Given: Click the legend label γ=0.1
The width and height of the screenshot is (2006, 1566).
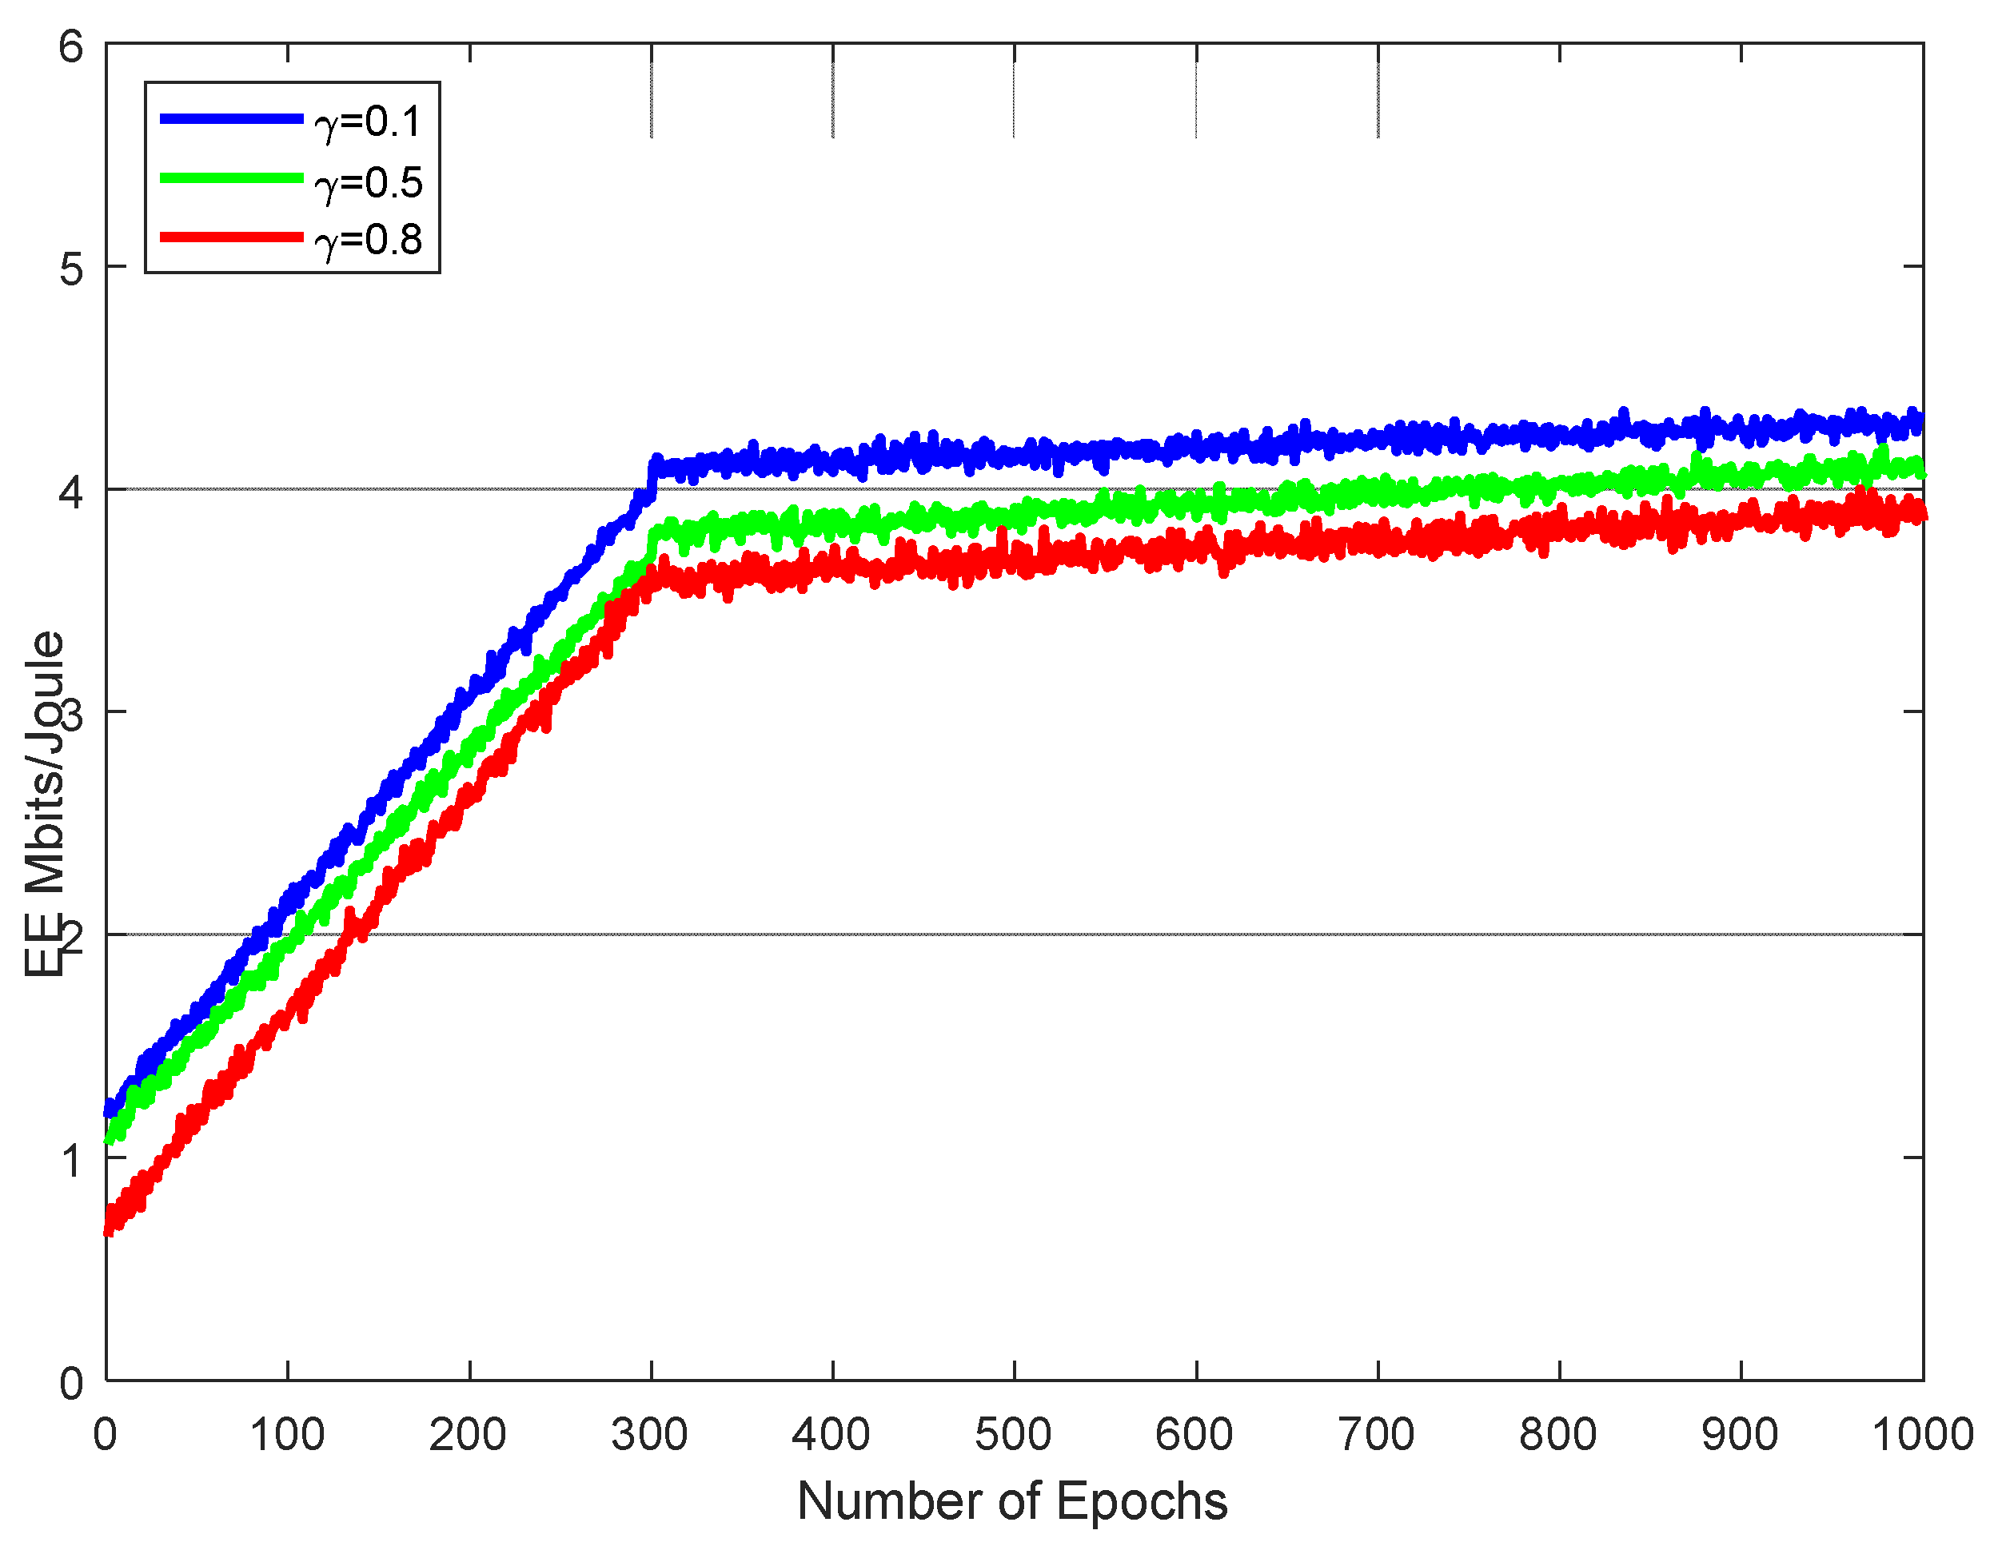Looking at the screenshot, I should pos(369,122).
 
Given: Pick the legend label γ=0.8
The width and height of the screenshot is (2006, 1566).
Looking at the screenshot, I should pos(369,241).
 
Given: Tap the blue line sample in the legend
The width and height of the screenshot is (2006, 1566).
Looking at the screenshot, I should pos(232,118).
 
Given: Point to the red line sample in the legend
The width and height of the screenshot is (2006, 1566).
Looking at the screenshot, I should pos(232,237).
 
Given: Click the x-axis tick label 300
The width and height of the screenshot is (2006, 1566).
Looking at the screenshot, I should pos(650,1435).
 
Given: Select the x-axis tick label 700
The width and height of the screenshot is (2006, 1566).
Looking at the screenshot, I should pos(1377,1435).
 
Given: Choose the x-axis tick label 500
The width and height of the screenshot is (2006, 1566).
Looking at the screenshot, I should pos(1013,1435).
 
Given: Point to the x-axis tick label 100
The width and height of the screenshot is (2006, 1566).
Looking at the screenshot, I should pos(288,1435).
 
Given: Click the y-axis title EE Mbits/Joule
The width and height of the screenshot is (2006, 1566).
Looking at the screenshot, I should pos(44,803).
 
